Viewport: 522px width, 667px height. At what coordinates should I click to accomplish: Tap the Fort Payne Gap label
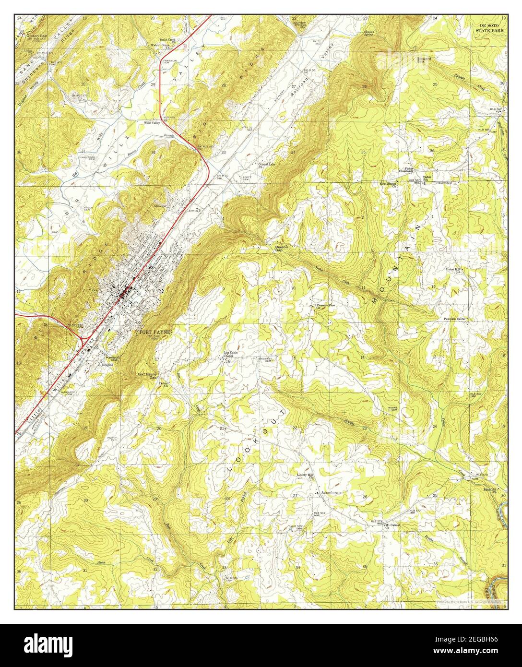pyautogui.click(x=147, y=376)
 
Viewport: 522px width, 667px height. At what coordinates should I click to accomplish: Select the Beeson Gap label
pyautogui.click(x=281, y=248)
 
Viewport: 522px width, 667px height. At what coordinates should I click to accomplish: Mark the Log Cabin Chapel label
pyautogui.click(x=231, y=355)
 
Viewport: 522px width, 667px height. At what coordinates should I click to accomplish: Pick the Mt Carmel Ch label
pyautogui.click(x=392, y=526)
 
